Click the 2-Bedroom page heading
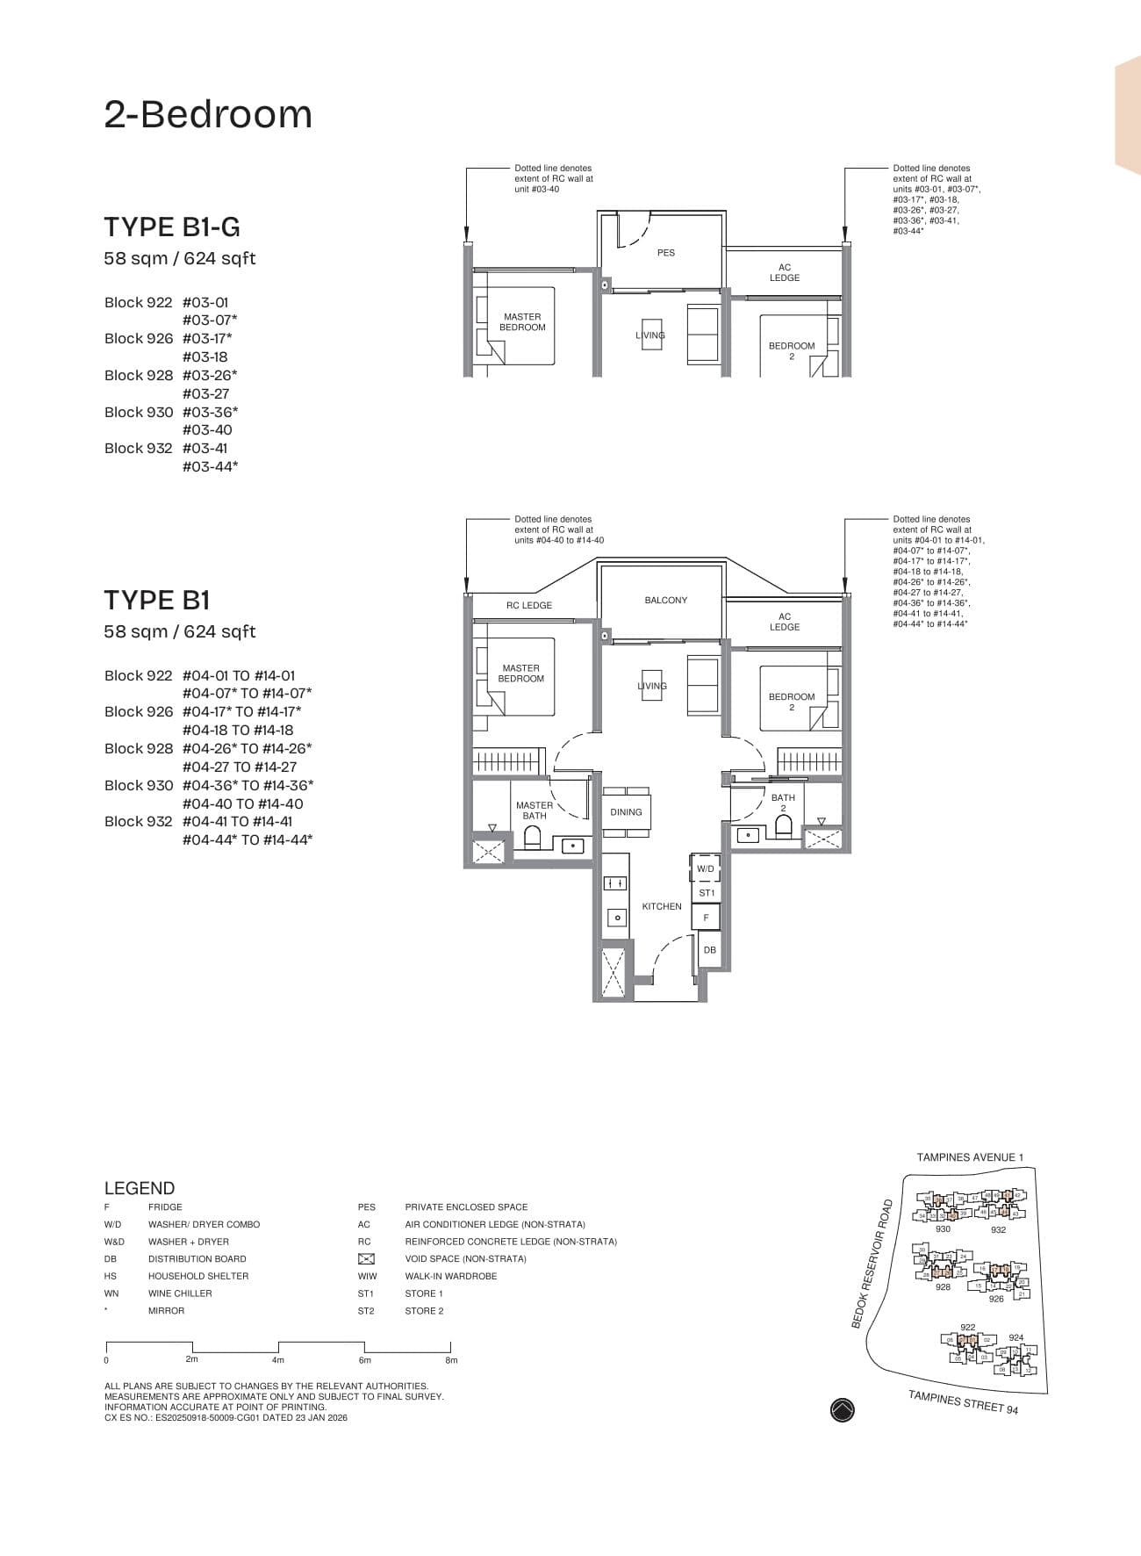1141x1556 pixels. pos(208,114)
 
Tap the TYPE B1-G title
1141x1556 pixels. pos(172,227)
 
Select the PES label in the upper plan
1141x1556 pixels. pos(666,253)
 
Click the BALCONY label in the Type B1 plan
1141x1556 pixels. pos(666,601)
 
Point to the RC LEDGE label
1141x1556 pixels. pos(529,606)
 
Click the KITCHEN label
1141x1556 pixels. pos(662,906)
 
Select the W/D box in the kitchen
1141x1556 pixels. pos(706,868)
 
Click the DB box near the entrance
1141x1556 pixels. pos(710,950)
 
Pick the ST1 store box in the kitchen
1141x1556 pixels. pos(707,893)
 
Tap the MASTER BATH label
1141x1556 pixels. pos(535,810)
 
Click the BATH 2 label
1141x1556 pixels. pos(783,803)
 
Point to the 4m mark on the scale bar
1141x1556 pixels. pos(278,1360)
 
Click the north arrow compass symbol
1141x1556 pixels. pos(842,1410)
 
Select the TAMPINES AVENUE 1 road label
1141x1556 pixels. pos(970,1157)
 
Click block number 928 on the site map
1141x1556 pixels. pos(943,1287)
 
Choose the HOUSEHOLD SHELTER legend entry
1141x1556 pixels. pos(198,1276)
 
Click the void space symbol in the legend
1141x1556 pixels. pos(366,1259)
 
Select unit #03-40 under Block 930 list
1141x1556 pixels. pos(207,430)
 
